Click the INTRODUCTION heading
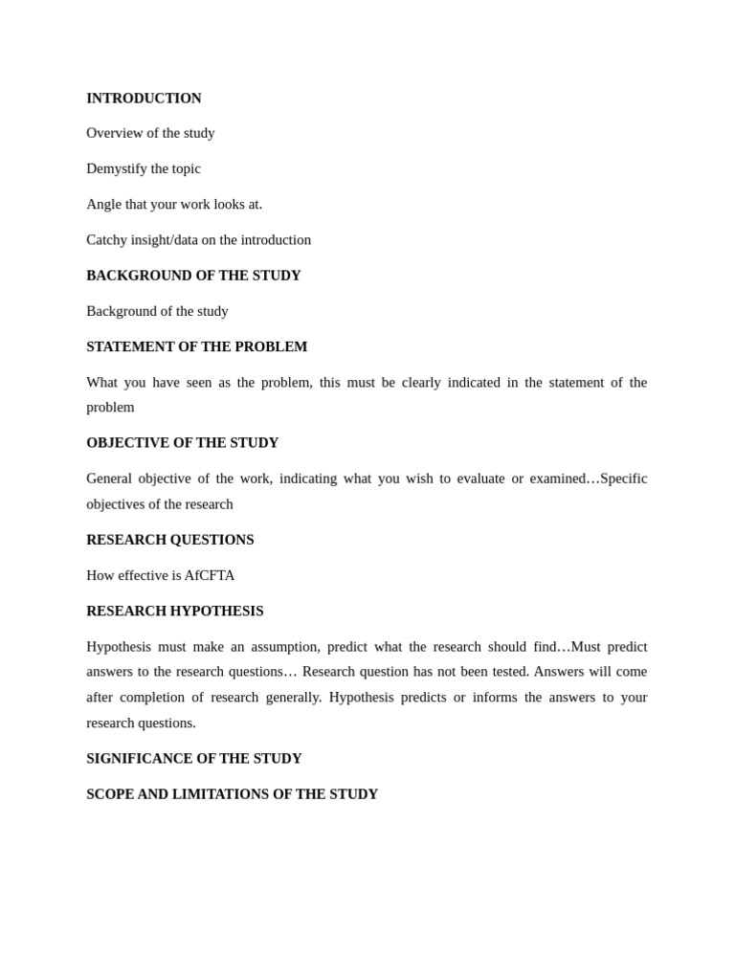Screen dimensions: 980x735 point(144,98)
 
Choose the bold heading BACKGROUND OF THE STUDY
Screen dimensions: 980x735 point(193,276)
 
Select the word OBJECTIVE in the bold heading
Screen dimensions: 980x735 point(122,443)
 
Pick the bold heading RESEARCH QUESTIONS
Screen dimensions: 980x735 point(170,540)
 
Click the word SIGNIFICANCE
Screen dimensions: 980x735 point(140,758)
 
